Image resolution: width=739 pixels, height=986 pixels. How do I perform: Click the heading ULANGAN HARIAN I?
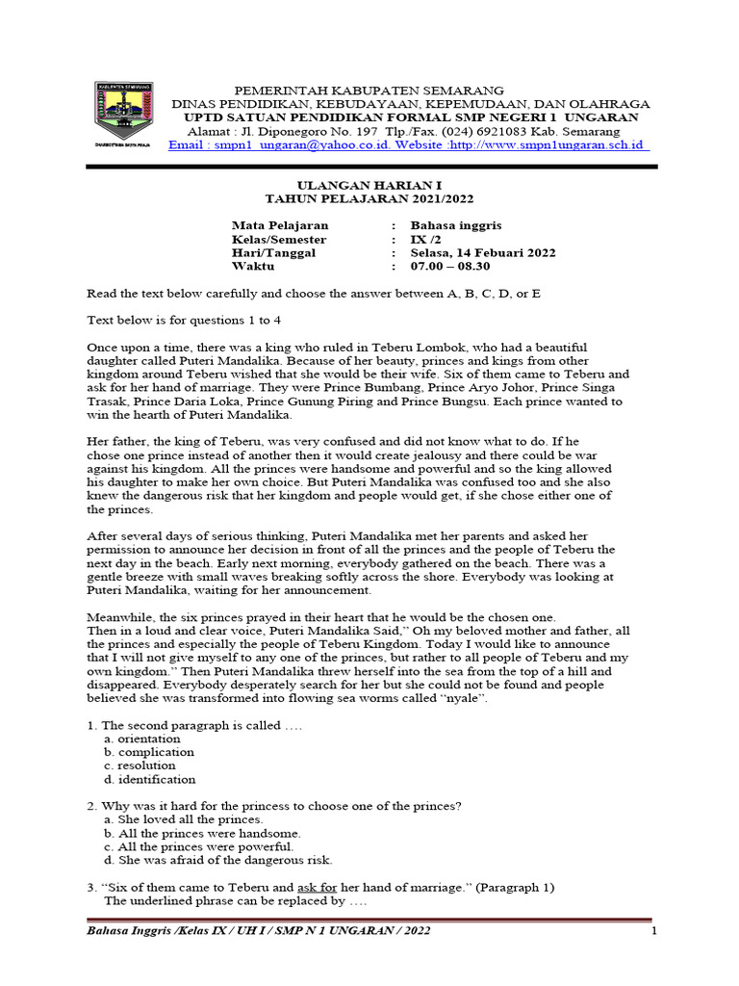point(369,184)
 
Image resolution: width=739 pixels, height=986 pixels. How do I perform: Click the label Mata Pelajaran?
point(273,225)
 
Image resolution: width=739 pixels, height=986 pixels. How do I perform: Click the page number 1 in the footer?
point(653,931)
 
